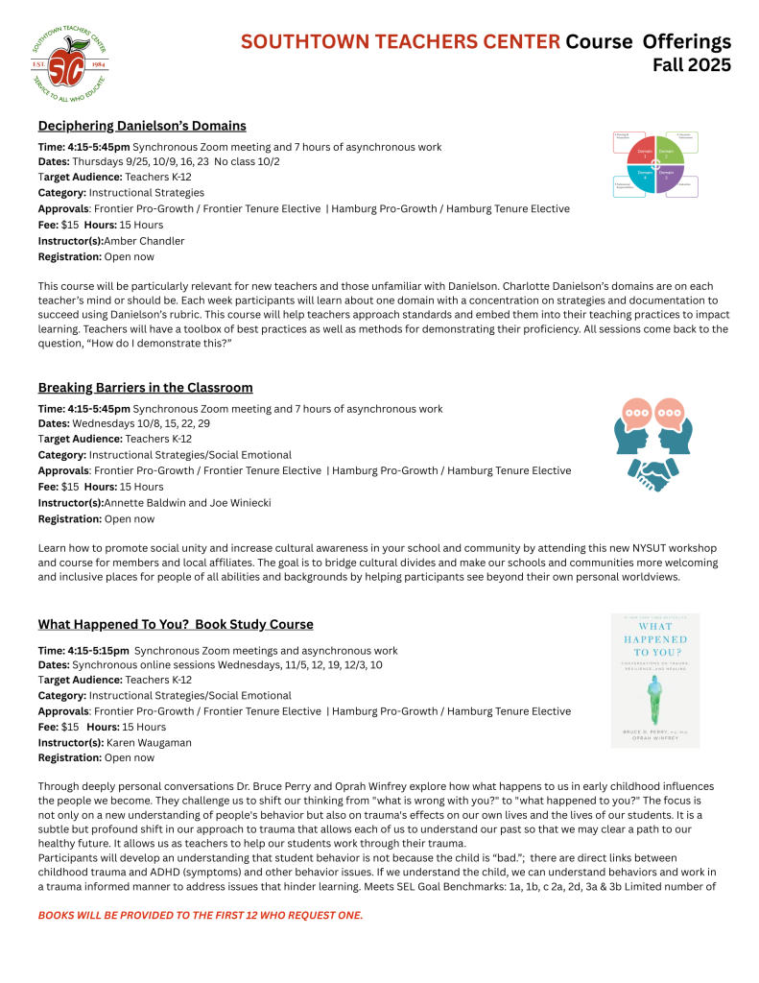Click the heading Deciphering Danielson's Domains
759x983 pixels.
point(142,126)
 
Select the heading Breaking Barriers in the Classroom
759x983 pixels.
point(145,388)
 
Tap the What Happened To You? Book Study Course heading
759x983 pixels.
point(176,625)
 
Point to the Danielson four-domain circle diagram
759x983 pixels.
point(655,163)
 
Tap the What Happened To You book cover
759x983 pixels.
point(655,680)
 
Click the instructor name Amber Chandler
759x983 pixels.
point(144,241)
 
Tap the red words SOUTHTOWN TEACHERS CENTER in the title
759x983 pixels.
point(400,42)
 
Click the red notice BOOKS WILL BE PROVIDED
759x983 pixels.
point(201,915)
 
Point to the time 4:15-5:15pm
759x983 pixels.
point(99,651)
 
